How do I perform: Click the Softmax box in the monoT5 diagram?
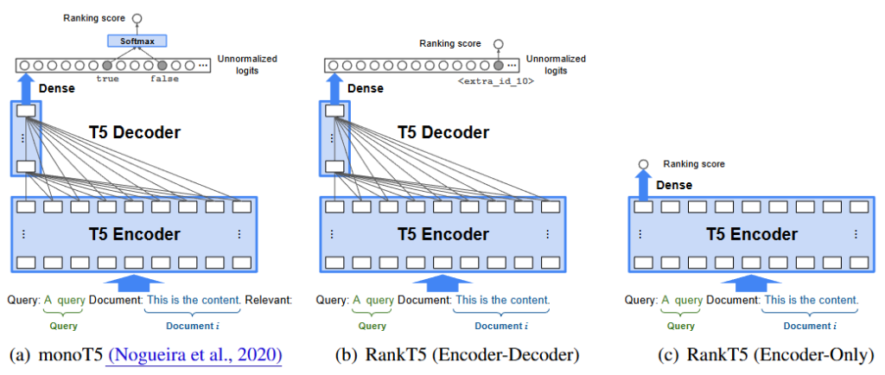click(x=137, y=41)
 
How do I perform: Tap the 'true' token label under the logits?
click(x=108, y=79)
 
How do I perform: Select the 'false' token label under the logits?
click(x=162, y=79)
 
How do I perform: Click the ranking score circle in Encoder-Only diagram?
click(x=643, y=164)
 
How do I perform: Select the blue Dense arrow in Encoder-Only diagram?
click(x=643, y=185)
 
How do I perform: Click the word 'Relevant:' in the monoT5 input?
click(x=268, y=300)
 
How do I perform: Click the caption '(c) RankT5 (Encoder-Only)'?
click(x=753, y=354)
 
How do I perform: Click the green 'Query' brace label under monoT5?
click(x=63, y=326)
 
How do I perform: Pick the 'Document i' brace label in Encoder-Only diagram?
click(x=809, y=326)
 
